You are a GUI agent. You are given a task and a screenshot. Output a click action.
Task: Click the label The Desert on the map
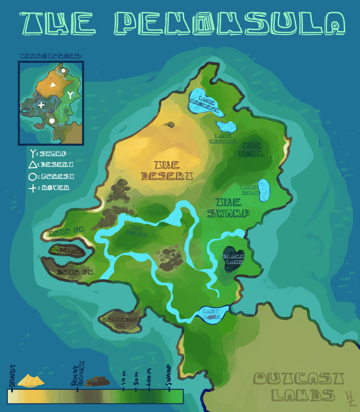[x=167, y=170]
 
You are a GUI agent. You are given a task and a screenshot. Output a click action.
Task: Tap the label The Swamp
[x=229, y=208]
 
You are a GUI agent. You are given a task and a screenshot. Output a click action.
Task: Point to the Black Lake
[x=233, y=259]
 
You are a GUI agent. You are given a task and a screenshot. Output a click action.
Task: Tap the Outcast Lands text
[x=298, y=387]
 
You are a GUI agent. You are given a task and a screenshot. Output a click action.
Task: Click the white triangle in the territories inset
[x=53, y=85]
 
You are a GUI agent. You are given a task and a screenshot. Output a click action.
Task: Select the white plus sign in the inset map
[x=41, y=105]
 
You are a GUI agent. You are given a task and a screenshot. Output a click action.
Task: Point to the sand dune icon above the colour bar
[x=31, y=380]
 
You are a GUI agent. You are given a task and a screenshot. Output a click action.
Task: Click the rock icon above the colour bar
[x=97, y=381]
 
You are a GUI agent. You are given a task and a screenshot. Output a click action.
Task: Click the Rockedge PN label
[x=120, y=322]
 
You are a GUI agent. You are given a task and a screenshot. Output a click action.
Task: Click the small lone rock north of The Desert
[x=171, y=124]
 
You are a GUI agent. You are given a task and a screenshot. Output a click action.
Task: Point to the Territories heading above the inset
[x=51, y=56]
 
